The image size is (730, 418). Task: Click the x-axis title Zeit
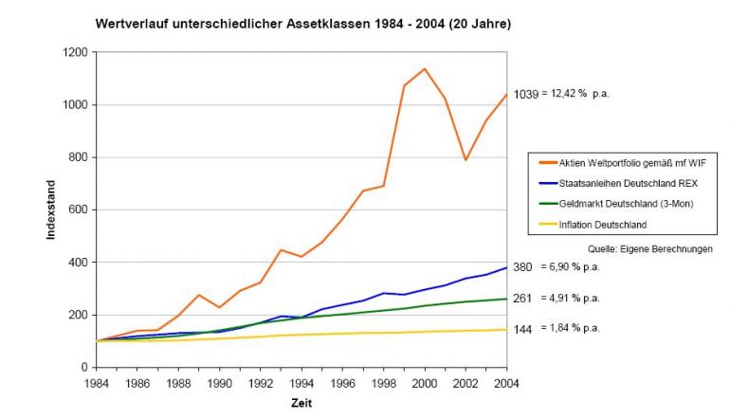[301, 402]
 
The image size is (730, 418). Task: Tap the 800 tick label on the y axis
[76, 157]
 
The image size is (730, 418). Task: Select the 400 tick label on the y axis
[76, 263]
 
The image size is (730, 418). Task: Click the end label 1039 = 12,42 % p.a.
[560, 95]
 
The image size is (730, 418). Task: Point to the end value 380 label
[521, 267]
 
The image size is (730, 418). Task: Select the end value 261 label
[521, 298]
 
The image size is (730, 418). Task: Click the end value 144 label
[521, 328]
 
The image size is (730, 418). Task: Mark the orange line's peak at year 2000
[425, 68]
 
